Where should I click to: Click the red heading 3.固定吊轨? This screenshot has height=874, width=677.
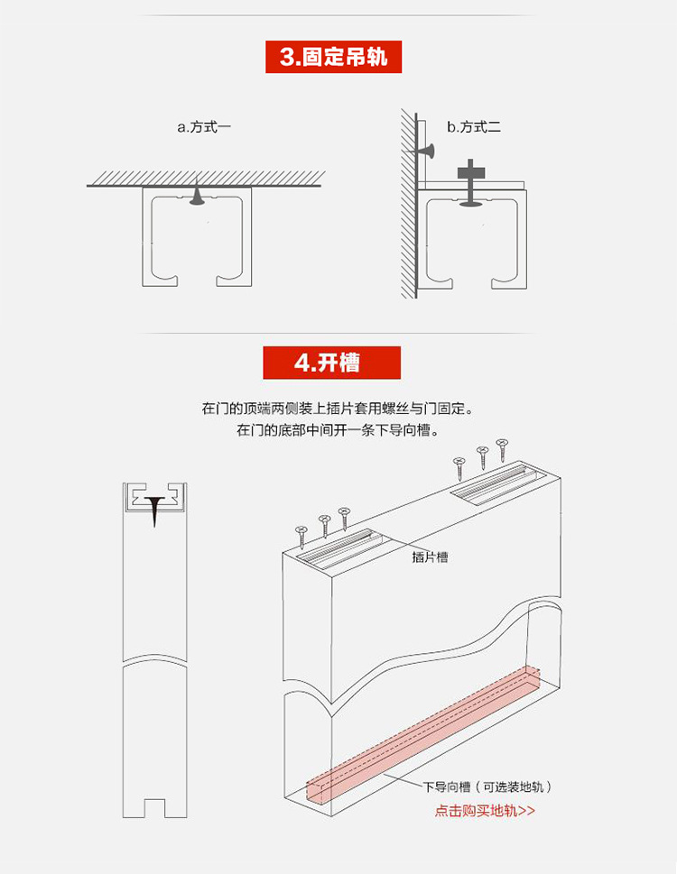(333, 57)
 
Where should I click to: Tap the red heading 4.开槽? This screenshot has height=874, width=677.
(332, 363)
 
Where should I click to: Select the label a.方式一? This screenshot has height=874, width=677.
(204, 127)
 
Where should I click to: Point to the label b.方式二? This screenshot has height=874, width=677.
(474, 127)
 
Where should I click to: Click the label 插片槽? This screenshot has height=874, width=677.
(430, 557)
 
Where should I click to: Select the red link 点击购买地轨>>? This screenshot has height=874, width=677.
(485, 810)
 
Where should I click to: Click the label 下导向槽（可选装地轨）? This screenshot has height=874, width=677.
(487, 787)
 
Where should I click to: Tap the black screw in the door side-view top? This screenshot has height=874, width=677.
(155, 510)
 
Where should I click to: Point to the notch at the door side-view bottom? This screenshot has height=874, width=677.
(154, 808)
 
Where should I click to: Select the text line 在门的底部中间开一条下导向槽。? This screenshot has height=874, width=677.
(338, 430)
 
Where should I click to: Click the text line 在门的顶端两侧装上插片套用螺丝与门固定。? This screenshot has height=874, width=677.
(338, 409)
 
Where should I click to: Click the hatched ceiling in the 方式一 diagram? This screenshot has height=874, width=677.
(206, 179)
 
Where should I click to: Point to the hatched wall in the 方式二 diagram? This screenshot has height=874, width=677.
(409, 204)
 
